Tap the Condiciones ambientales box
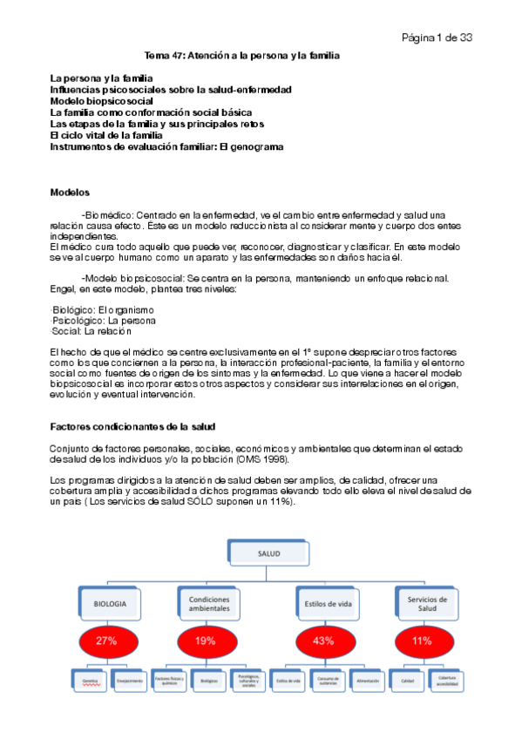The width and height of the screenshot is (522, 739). [208, 604]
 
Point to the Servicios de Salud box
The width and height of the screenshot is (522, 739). [427, 604]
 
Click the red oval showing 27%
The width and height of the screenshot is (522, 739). [106, 641]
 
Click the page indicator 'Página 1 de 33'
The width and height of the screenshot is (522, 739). [437, 37]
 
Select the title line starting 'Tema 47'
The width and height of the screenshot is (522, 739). [241, 55]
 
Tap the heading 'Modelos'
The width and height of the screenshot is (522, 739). [71, 192]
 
